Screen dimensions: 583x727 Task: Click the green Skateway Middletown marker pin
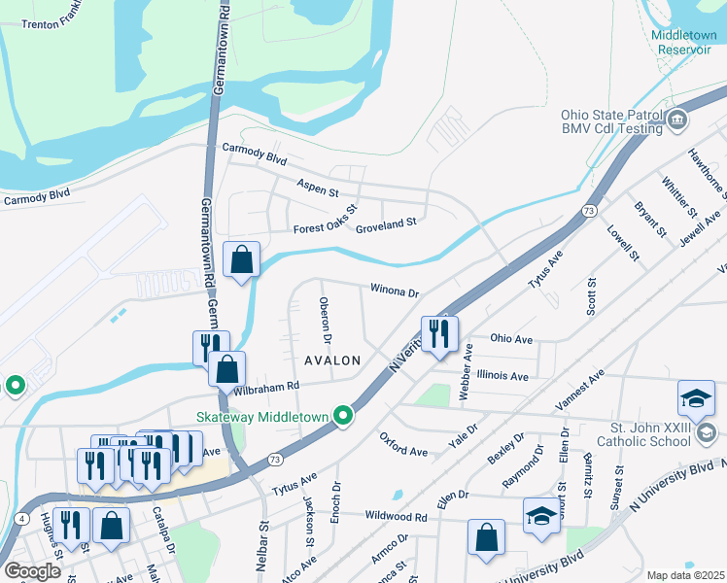coord(342,416)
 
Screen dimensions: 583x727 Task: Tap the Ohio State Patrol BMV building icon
coord(678,120)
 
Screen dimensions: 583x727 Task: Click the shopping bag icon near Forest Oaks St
coord(241,259)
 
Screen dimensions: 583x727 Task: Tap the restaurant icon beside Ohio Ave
coord(439,333)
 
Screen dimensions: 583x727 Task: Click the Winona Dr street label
coord(393,291)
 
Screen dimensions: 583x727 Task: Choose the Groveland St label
coord(385,223)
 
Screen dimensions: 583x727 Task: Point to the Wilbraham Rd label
coord(264,387)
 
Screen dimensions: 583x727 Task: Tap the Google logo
coord(32,571)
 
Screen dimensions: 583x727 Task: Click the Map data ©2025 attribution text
coord(685,575)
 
